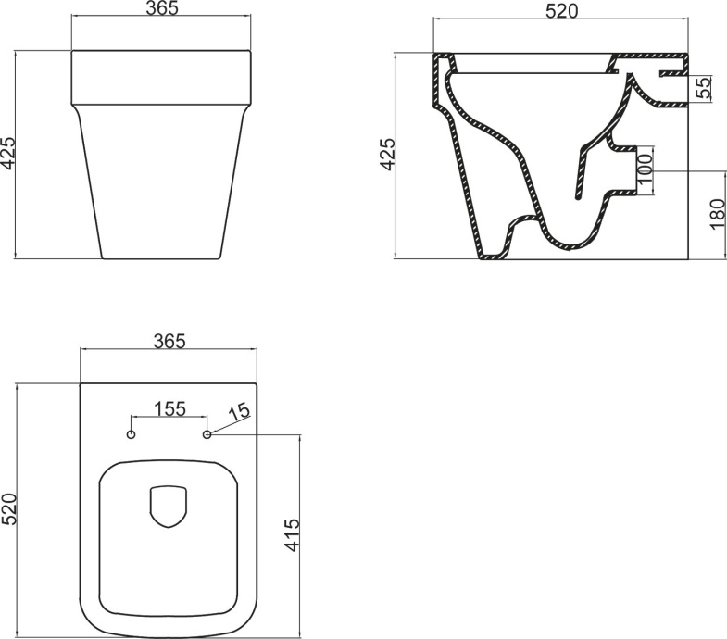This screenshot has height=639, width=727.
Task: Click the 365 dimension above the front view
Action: [161, 9]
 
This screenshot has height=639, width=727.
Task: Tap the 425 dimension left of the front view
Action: [8, 155]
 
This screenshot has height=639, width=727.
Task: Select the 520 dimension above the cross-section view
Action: [559, 11]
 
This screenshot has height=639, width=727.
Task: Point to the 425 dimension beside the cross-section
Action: [387, 155]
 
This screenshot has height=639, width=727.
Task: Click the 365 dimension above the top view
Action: [169, 342]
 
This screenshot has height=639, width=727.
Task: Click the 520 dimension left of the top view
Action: [9, 509]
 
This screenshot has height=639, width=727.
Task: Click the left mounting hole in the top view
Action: [131, 434]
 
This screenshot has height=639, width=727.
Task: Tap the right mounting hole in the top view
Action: [207, 434]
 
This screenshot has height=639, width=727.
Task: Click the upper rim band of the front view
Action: [161, 76]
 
